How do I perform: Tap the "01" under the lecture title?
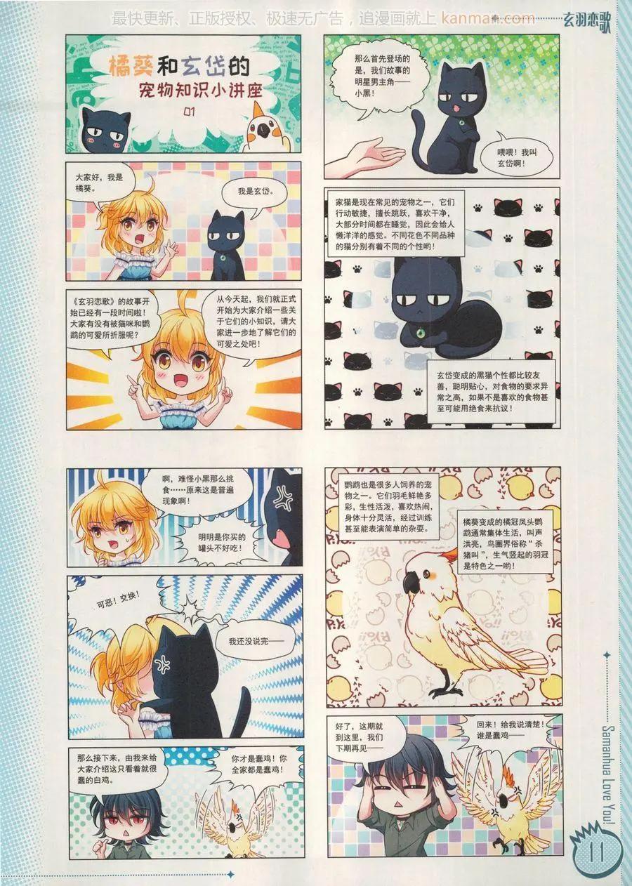(190, 112)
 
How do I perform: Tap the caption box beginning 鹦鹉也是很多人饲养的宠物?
(389, 507)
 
